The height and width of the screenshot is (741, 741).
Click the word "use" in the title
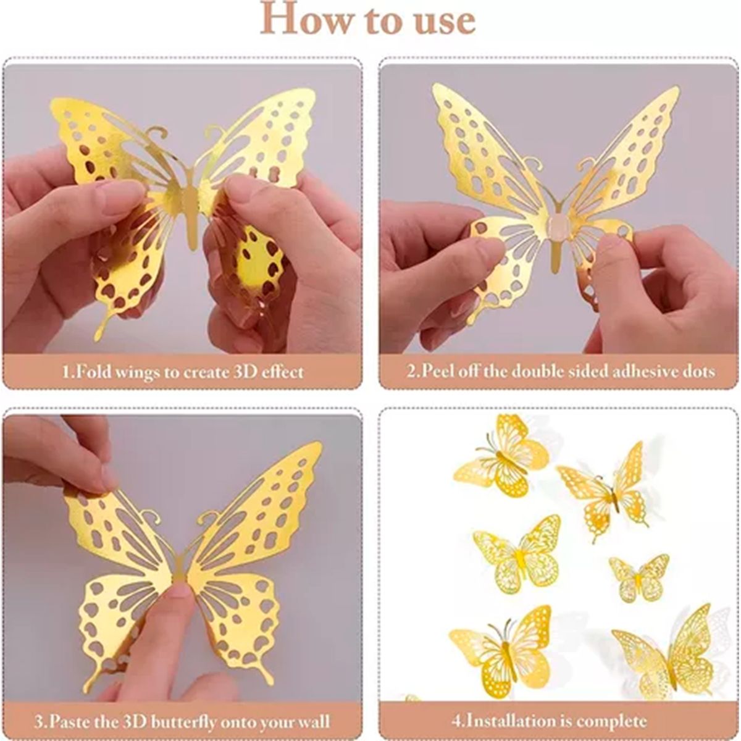click(x=443, y=20)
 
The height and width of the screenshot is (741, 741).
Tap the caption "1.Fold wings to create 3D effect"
click(x=183, y=372)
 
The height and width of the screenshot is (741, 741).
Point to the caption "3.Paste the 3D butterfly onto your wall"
click(x=183, y=721)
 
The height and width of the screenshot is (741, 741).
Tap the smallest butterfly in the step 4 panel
click(x=638, y=578)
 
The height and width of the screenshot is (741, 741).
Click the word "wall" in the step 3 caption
click(x=313, y=721)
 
